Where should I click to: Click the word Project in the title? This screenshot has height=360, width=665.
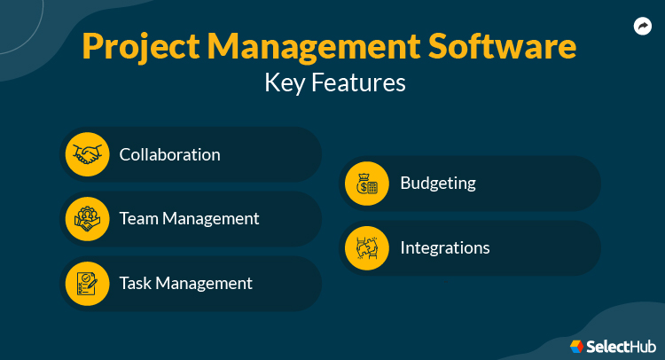pos(141,47)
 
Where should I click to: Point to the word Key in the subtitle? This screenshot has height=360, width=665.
pos(286,83)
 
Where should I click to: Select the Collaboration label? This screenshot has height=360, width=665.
pos(169,154)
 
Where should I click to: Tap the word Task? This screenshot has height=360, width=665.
pos(137,284)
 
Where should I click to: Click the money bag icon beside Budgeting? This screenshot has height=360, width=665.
pos(367,184)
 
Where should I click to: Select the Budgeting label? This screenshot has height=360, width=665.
pos(438,184)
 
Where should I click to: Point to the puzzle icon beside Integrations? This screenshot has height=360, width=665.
pos(367,248)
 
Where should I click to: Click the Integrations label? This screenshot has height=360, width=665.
pos(444,248)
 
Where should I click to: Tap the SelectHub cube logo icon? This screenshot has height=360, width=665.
pos(576,345)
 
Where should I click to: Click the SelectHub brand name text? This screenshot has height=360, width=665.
pos(618,345)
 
